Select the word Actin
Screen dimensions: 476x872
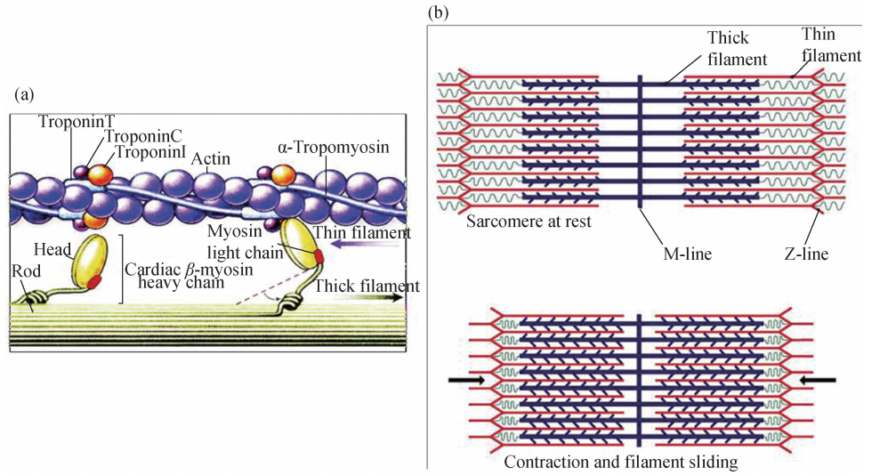tap(211, 159)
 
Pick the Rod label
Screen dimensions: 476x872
tap(27, 270)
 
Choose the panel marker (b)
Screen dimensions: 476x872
tap(438, 13)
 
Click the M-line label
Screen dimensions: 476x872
tap(682, 254)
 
